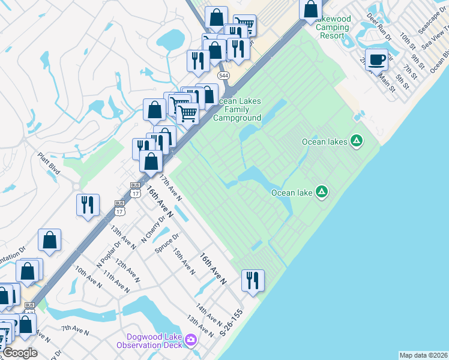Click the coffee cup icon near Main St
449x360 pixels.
tap(376, 60)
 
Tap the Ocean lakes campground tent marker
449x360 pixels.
tap(357, 141)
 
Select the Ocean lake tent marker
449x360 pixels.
tap(322, 192)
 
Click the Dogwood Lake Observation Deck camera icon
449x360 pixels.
tap(191, 341)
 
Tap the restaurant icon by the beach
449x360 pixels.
tap(252, 280)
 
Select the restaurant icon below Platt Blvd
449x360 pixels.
tap(88, 205)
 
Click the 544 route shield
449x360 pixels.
tap(223, 76)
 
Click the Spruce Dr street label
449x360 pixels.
tap(167, 242)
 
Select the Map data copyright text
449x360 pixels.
tap(423, 355)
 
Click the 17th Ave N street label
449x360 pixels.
tap(170, 187)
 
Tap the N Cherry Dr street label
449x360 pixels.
tap(153, 229)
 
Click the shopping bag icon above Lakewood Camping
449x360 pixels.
tap(311, 9)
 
